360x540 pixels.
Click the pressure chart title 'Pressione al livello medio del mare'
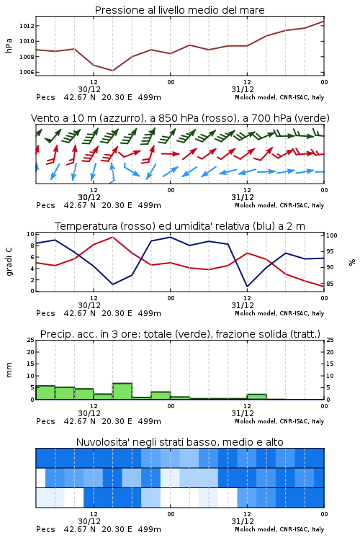[179, 10]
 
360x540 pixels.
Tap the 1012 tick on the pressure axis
[26, 26]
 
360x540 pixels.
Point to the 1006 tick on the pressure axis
[26, 72]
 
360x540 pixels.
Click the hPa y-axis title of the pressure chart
[9, 45]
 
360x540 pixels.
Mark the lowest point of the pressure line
[112, 71]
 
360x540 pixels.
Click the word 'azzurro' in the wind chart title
[122, 118]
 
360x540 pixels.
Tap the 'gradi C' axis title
[9, 262]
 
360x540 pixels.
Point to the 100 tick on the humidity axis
[332, 235]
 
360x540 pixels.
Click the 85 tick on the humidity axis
[330, 284]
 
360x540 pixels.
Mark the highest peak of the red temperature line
[112, 237]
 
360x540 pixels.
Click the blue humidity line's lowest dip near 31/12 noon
[248, 286]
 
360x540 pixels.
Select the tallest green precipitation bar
[122, 391]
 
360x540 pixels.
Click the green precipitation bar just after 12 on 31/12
[256, 397]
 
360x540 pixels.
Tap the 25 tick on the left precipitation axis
[31, 340]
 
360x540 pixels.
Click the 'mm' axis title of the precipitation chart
[9, 370]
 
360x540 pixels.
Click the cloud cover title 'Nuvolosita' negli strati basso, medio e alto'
[179, 442]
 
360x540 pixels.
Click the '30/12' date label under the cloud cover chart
[89, 521]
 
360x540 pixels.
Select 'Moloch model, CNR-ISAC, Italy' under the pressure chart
[279, 97]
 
